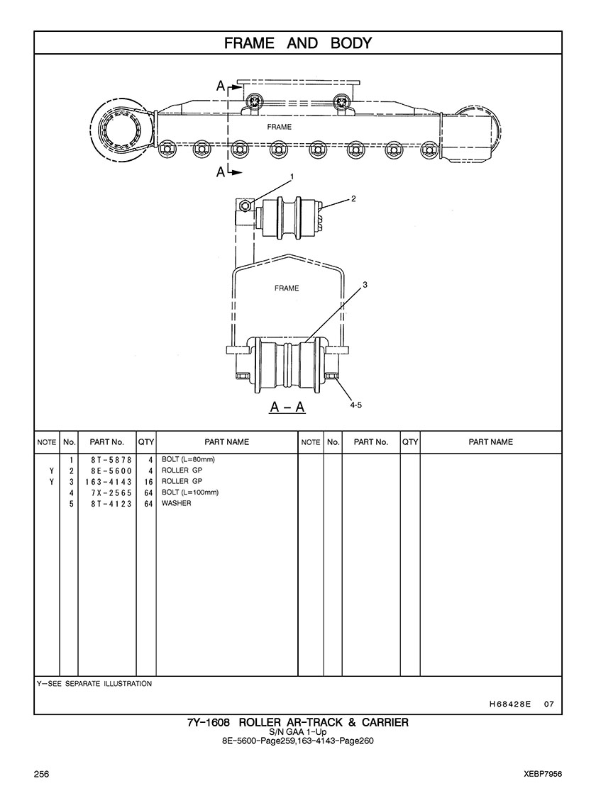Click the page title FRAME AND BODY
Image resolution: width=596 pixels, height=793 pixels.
298,43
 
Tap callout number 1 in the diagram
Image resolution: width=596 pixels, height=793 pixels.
292,176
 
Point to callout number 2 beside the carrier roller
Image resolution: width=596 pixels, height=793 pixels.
353,198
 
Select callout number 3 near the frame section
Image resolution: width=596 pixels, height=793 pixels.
365,285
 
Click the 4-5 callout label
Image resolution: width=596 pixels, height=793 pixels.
356,405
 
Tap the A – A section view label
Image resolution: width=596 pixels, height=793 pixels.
287,407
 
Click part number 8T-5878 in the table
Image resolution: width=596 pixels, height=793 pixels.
111,460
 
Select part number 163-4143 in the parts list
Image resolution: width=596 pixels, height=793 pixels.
109,482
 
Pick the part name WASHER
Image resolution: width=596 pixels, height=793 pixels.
176,503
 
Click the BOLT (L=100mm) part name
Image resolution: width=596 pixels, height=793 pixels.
190,492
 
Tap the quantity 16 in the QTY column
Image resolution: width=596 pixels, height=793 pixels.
148,482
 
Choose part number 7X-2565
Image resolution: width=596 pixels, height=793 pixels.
111,493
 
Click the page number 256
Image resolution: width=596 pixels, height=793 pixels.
41,774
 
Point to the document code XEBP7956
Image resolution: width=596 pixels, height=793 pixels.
543,774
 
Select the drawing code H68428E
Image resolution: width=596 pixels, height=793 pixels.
510,704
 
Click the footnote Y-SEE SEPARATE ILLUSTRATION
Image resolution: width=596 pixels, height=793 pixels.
94,684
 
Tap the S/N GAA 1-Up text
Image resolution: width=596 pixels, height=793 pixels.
298,732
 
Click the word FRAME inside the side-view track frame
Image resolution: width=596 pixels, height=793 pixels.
279,127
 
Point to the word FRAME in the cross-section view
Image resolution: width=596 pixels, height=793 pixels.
287,288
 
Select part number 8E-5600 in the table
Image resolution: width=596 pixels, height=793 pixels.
111,471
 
